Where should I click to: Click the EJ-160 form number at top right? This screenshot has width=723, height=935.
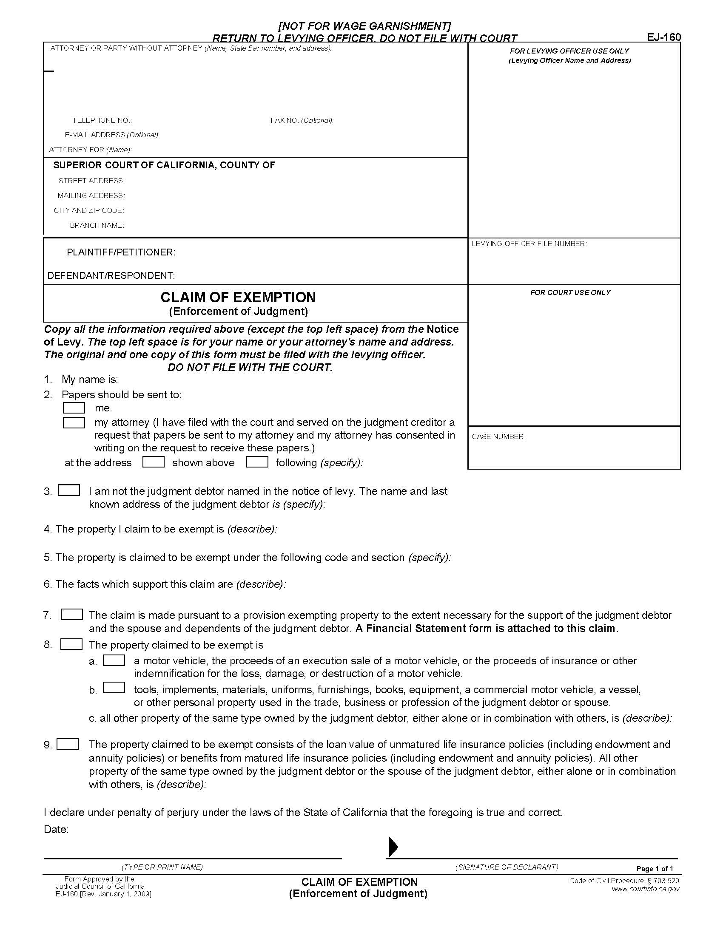[x=663, y=37]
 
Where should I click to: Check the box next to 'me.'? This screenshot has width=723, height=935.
[x=74, y=408]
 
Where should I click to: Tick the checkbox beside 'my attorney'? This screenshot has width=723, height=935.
[x=74, y=422]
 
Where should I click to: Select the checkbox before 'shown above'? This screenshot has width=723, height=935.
[x=154, y=462]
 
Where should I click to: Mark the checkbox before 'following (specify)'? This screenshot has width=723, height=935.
[x=257, y=462]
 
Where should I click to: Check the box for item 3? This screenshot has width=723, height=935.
[x=69, y=490]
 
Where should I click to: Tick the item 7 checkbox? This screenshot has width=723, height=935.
[x=71, y=615]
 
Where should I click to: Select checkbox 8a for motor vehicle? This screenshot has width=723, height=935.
[x=114, y=660]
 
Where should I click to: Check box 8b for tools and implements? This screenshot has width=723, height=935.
[x=114, y=688]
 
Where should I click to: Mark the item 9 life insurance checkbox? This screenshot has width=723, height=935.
[x=68, y=744]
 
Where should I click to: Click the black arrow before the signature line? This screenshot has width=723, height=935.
[x=393, y=847]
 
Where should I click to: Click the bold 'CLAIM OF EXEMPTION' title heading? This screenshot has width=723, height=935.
[x=238, y=297]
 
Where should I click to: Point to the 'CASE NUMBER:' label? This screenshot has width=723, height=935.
[x=498, y=436]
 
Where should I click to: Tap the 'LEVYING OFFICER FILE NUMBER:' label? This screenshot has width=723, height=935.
[x=529, y=244]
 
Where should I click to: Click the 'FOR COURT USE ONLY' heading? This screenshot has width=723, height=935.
[x=570, y=292]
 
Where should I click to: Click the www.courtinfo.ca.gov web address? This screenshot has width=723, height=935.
[x=645, y=889]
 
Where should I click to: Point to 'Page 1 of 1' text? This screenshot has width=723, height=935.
[x=655, y=869]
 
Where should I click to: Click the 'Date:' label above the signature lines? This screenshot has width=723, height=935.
[x=56, y=830]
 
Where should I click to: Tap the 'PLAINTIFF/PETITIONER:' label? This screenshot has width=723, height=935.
[x=121, y=252]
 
